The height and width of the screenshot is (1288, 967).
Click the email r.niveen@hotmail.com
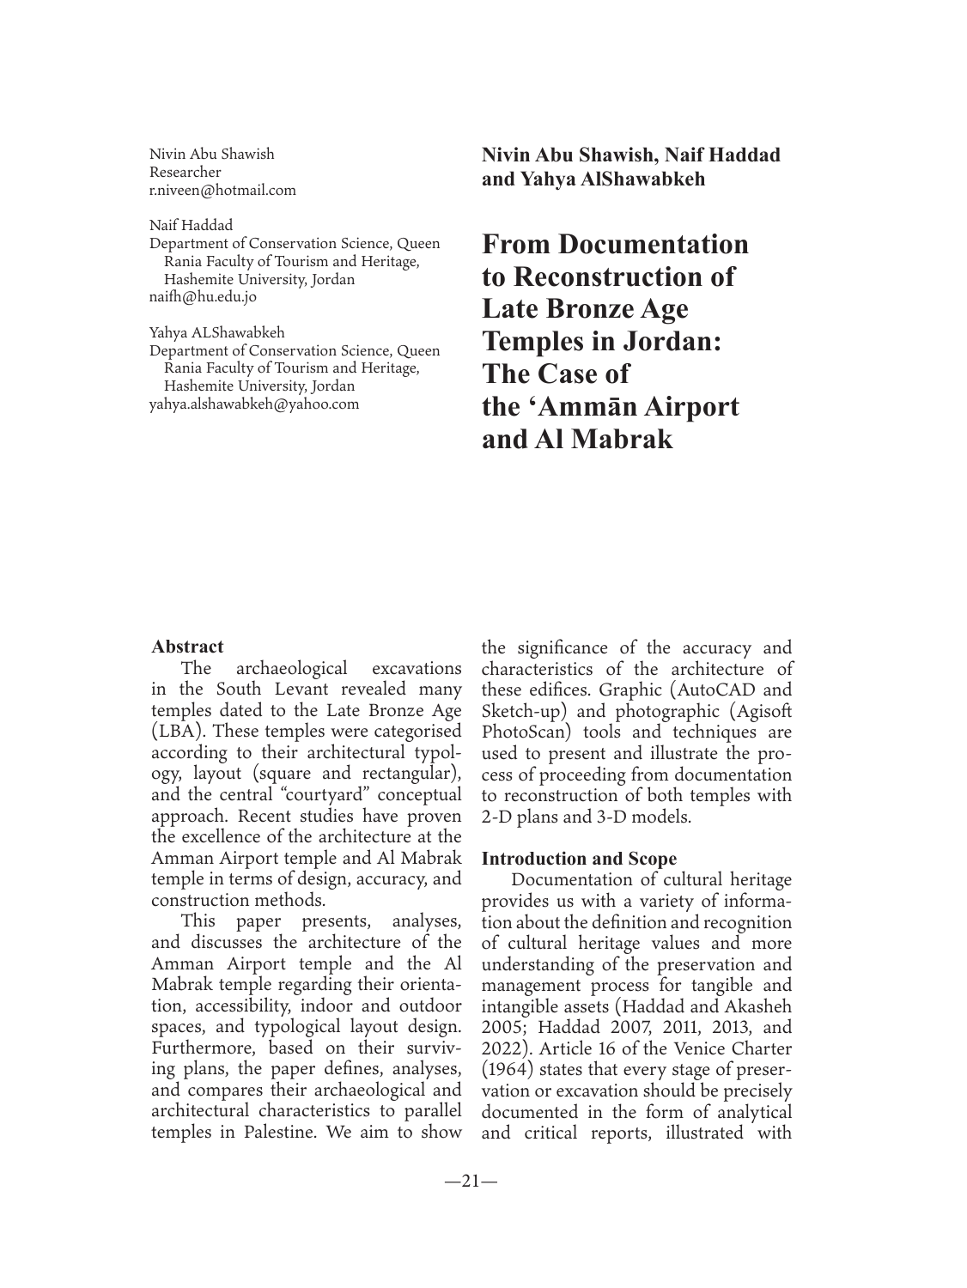tap(222, 191)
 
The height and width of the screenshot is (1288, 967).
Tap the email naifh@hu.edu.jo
tap(203, 297)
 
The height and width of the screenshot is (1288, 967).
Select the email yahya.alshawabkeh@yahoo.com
tap(254, 404)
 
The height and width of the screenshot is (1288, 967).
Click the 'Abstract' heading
tap(187, 647)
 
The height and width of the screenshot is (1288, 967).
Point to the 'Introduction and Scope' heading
tap(579, 859)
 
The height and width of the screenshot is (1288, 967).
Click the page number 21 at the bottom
tap(471, 1182)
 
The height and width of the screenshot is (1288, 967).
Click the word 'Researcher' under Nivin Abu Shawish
tap(185, 173)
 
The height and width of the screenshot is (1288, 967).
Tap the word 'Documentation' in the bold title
tap(653, 245)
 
